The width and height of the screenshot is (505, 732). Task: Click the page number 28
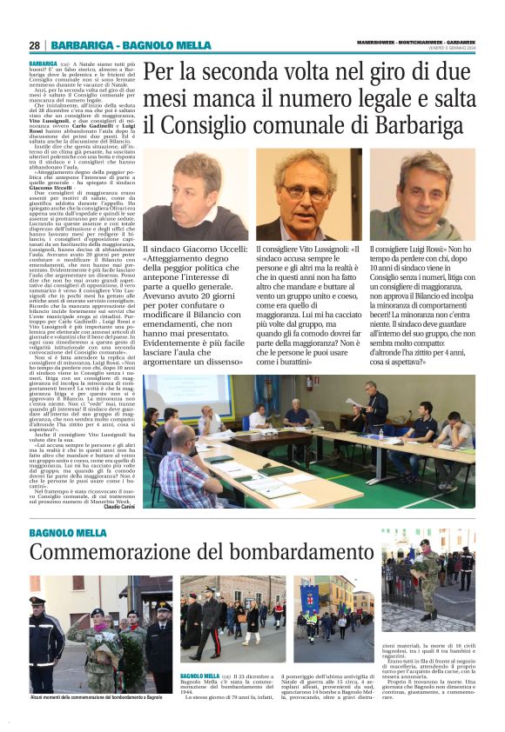pyautogui.click(x=34, y=45)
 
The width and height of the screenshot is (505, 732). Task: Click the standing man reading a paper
pyautogui.click(x=375, y=404)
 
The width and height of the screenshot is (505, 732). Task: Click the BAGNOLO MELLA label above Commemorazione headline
pyautogui.click(x=69, y=531)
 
